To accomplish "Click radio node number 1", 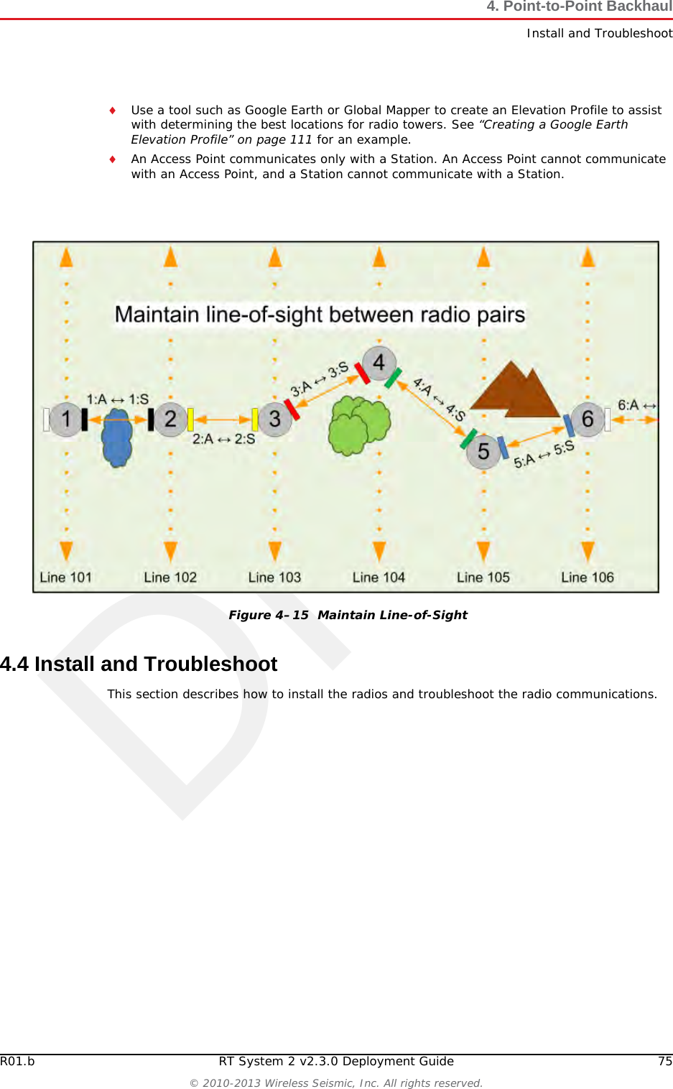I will click(65, 419).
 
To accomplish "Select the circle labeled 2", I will click(170, 419).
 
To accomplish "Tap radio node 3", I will click(274, 419).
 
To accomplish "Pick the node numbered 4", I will click(379, 363).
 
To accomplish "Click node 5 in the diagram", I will click(483, 452).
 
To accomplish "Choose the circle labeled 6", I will click(588, 419).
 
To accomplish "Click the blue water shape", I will click(117, 437).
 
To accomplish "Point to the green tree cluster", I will click(358, 425).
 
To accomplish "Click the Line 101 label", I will click(65, 578).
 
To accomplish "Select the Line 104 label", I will click(379, 578).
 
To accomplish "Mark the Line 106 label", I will click(588, 578).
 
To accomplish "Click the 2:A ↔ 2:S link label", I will click(223, 439).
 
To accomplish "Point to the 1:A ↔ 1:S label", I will click(118, 399).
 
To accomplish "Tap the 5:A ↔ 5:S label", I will click(544, 455).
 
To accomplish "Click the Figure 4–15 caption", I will click(348, 615).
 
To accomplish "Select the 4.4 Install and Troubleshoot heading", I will click(139, 664).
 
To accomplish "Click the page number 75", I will click(665, 1061).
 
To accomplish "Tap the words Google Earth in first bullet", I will click(284, 110).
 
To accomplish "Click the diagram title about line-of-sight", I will click(320, 315).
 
